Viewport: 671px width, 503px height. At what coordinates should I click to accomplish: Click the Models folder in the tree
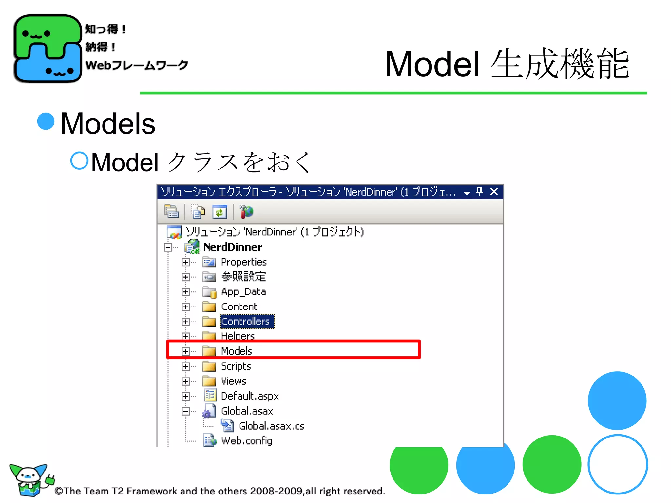click(x=236, y=351)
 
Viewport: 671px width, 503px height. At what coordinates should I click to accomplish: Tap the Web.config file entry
click(x=246, y=441)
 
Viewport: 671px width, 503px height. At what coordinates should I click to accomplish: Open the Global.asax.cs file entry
click(x=271, y=426)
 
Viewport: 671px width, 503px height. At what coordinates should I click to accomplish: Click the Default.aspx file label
click(x=250, y=396)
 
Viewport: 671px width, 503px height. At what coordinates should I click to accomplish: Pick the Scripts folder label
click(x=236, y=366)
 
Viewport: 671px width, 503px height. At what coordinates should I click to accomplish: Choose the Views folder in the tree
click(x=234, y=381)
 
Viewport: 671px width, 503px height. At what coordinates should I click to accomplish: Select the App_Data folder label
click(x=243, y=292)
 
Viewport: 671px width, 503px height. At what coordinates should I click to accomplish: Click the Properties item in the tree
click(x=244, y=262)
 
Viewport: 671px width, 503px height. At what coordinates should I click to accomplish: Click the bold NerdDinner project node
click(x=232, y=247)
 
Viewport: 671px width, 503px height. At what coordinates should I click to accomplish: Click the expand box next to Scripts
click(x=186, y=366)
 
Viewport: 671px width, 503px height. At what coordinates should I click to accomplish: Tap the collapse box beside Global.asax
click(x=186, y=411)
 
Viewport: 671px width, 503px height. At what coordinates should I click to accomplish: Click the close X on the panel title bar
click(x=494, y=192)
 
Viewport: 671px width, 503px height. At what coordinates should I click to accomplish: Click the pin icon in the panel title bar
click(x=479, y=192)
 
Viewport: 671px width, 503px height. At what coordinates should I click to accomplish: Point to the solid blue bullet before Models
click(x=46, y=121)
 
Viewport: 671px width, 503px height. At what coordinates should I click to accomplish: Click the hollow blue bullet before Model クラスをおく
click(x=80, y=160)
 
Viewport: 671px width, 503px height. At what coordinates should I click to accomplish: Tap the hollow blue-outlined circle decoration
click(x=618, y=464)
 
